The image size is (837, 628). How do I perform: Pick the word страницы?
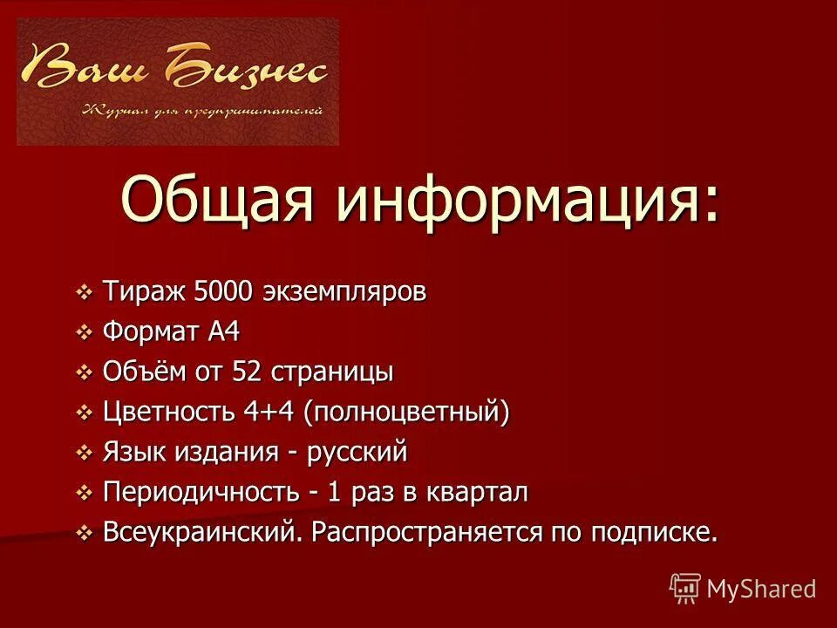pyautogui.click(x=333, y=372)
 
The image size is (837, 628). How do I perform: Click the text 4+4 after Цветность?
pyautogui.click(x=272, y=413)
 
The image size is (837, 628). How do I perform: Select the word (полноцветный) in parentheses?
pyautogui.click(x=406, y=413)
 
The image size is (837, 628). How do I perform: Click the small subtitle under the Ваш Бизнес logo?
pyautogui.click(x=202, y=111)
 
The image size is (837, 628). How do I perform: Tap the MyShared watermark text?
pyautogui.click(x=760, y=589)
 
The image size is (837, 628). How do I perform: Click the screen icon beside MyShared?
pyautogui.click(x=685, y=588)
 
